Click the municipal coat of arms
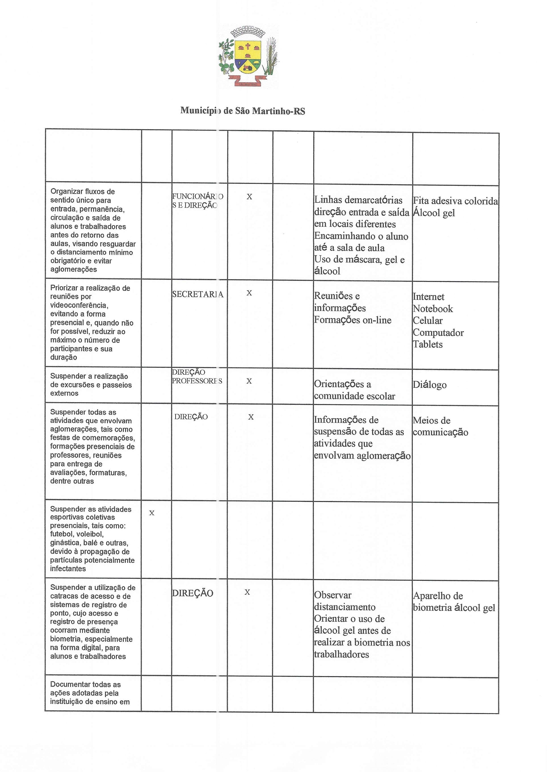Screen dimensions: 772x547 (x=248, y=57)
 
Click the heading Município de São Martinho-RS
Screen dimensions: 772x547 (x=242, y=111)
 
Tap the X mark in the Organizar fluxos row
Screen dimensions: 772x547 (x=249, y=197)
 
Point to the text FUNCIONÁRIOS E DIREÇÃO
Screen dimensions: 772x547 (x=197, y=201)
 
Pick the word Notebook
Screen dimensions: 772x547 (x=433, y=309)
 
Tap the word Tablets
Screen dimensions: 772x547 (x=428, y=344)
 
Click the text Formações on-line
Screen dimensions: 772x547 (x=353, y=320)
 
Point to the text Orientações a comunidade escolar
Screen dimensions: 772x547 (x=354, y=390)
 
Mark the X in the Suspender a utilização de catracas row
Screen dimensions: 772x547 (x=247, y=592)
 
